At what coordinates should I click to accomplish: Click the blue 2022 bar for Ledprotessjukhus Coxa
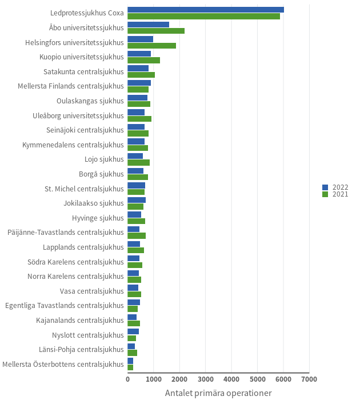(x=206, y=10)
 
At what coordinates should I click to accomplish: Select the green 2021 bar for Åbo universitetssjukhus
(x=156, y=31)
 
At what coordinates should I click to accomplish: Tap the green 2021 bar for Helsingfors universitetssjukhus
(x=151, y=46)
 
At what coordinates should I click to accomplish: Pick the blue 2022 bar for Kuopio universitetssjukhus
(x=139, y=54)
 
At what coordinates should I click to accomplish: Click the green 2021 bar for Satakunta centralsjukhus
(x=141, y=75)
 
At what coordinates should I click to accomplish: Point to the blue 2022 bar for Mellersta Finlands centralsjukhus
(x=139, y=83)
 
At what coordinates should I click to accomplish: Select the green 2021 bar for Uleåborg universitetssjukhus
(x=139, y=119)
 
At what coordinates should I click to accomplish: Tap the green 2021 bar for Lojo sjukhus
(x=138, y=162)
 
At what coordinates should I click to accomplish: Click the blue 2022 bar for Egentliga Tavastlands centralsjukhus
(x=134, y=302)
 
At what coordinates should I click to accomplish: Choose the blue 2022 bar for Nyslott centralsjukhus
(x=133, y=331)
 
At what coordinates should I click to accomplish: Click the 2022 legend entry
(x=335, y=187)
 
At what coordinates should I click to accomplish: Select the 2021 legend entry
(x=335, y=194)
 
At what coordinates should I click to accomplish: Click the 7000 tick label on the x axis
(x=309, y=379)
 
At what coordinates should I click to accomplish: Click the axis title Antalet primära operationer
(x=218, y=393)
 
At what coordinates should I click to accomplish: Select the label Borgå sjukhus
(x=101, y=174)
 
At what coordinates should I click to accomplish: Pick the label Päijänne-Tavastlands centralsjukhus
(x=66, y=232)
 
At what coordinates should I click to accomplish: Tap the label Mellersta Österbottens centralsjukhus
(x=63, y=364)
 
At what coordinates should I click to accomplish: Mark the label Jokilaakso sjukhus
(x=94, y=203)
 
